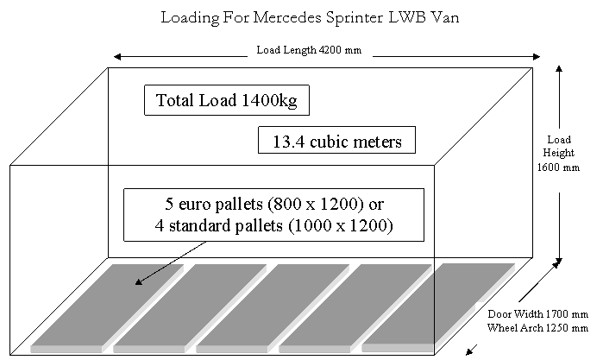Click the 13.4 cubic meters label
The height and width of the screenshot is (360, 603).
(337, 142)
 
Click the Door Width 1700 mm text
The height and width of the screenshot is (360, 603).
(526, 314)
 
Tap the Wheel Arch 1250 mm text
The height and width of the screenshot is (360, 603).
(526, 327)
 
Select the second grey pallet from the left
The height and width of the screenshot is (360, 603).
(188, 306)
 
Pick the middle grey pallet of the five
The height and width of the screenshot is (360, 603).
(271, 306)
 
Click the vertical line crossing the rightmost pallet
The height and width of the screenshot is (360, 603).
(434, 302)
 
